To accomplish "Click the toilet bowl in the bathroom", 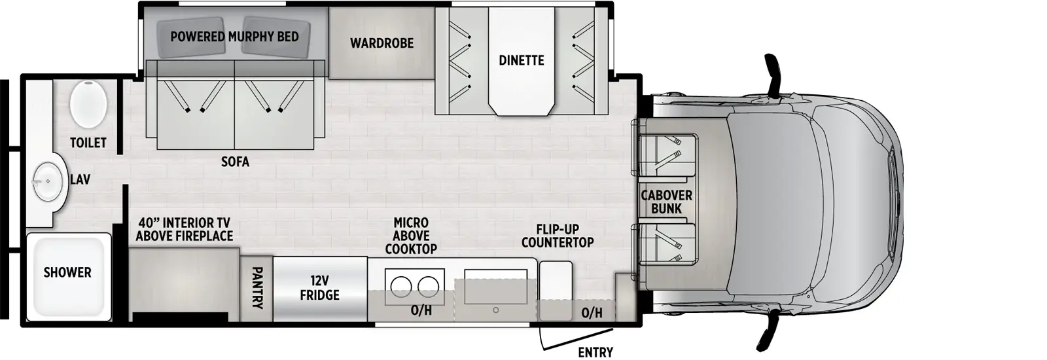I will pyautogui.click(x=88, y=104).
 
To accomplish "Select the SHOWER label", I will pyautogui.click(x=67, y=272).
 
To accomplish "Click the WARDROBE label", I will pyautogui.click(x=382, y=43).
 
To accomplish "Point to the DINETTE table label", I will pyautogui.click(x=521, y=60).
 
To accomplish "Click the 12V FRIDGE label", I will pyautogui.click(x=319, y=288).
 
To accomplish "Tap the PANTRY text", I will pyautogui.click(x=257, y=287).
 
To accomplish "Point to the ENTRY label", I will pyautogui.click(x=595, y=353).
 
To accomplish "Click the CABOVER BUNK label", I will pyautogui.click(x=666, y=202).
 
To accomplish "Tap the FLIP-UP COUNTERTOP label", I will pyautogui.click(x=557, y=236).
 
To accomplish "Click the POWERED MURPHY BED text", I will pyautogui.click(x=234, y=37).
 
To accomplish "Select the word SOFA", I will pyautogui.click(x=235, y=162).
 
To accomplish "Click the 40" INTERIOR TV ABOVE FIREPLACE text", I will pyautogui.click(x=185, y=230).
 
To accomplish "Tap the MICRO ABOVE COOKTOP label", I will pyautogui.click(x=411, y=236).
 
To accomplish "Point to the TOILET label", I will pyautogui.click(x=88, y=143).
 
